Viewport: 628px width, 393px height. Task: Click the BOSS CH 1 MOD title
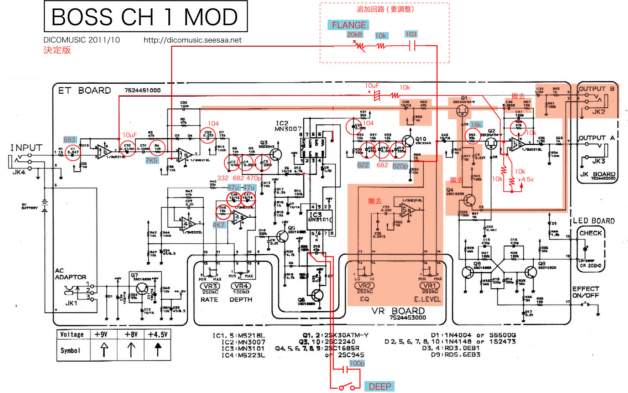coord(145,16)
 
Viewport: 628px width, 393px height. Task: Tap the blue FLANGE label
coord(349,25)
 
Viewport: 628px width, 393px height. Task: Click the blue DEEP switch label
coord(380,387)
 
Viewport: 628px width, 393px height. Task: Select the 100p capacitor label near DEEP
coord(357,363)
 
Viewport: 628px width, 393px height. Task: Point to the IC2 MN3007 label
coord(288,126)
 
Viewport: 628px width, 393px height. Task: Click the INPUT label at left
coord(26,148)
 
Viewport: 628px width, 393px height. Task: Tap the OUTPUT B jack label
coord(596,89)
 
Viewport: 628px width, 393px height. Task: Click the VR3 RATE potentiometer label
coord(210,286)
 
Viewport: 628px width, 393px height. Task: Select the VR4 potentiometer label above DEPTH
coord(241,286)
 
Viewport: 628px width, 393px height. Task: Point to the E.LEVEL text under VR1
coord(427,299)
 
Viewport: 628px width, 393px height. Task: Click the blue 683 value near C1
coord(69,140)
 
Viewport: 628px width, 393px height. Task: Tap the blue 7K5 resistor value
coord(151,160)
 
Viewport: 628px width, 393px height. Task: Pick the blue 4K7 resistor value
coord(219,224)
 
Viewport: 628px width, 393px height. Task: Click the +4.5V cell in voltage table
coord(157,334)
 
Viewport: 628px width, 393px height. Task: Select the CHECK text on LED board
coord(590,233)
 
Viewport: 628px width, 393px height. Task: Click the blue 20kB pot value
coord(355,35)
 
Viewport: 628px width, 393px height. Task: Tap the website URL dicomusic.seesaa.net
coord(192,40)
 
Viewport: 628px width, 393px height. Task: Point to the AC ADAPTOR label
coord(70,274)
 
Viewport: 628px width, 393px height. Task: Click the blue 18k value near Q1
coord(476,124)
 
